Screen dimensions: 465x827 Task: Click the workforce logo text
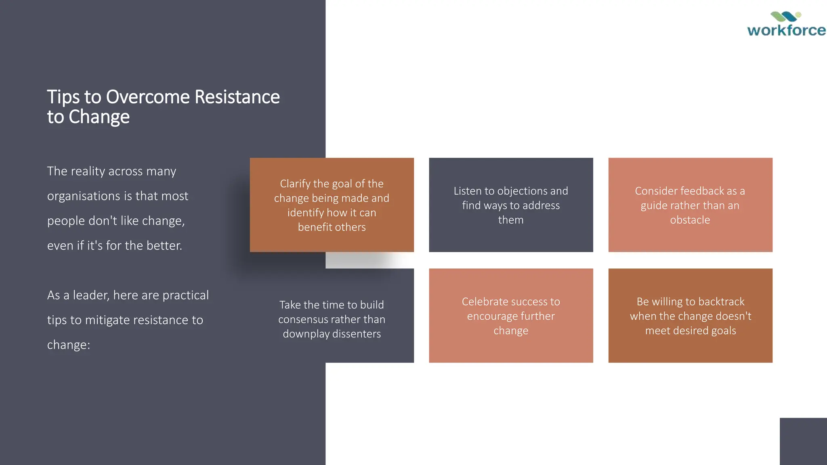point(786,30)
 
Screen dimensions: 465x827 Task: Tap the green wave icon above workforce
point(785,17)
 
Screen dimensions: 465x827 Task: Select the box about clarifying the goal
point(332,205)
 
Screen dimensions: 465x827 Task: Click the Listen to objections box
point(511,205)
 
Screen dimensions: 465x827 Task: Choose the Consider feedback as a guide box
point(690,205)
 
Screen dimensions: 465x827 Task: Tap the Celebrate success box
point(511,316)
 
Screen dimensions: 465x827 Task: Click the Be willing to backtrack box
point(690,316)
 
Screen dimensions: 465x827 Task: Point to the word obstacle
point(690,220)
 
